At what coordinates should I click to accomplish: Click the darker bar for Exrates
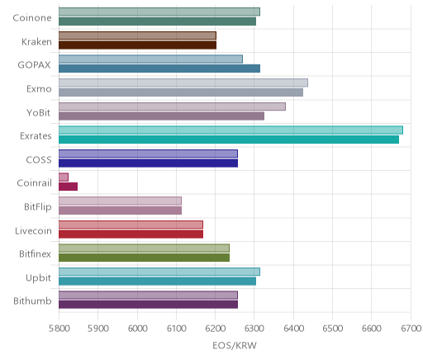coord(229,140)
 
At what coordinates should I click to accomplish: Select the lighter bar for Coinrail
coord(64,177)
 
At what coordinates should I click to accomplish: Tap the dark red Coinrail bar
coord(68,187)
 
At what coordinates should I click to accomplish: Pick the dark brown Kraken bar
coord(137,45)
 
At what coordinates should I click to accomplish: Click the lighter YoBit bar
coord(172,107)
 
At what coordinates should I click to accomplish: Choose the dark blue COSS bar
coord(148,163)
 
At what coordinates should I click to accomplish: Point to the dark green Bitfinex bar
coord(144,258)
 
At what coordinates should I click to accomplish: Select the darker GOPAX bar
coord(159,69)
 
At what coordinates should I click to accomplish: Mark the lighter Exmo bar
coord(183,83)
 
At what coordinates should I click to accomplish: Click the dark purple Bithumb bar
coord(148,305)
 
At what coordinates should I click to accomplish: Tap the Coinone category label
coord(32,18)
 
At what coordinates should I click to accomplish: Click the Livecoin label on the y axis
coord(33,230)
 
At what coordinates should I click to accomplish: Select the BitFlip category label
coord(38,206)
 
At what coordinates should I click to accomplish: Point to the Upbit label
coord(38,278)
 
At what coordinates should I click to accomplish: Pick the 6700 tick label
coord(411,329)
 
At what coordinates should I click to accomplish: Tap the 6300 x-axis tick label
coord(254,329)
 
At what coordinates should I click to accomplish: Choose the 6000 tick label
coord(137,329)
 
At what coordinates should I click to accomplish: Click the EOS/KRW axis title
coord(235,345)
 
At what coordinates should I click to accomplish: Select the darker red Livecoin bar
coord(131,234)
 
